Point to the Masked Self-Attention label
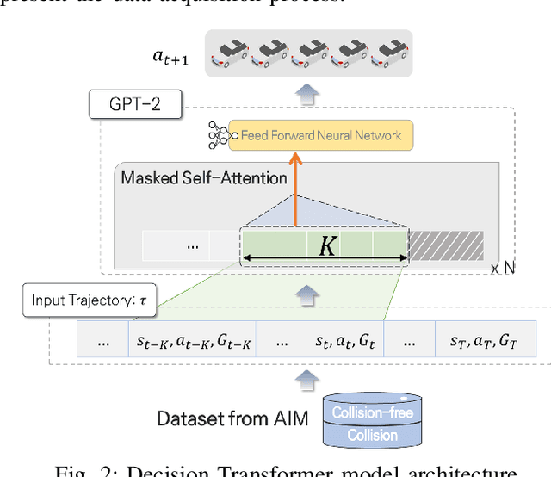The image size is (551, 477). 204,178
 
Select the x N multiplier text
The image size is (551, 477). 503,269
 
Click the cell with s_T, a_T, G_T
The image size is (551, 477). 484,340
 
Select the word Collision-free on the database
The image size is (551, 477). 374,412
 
